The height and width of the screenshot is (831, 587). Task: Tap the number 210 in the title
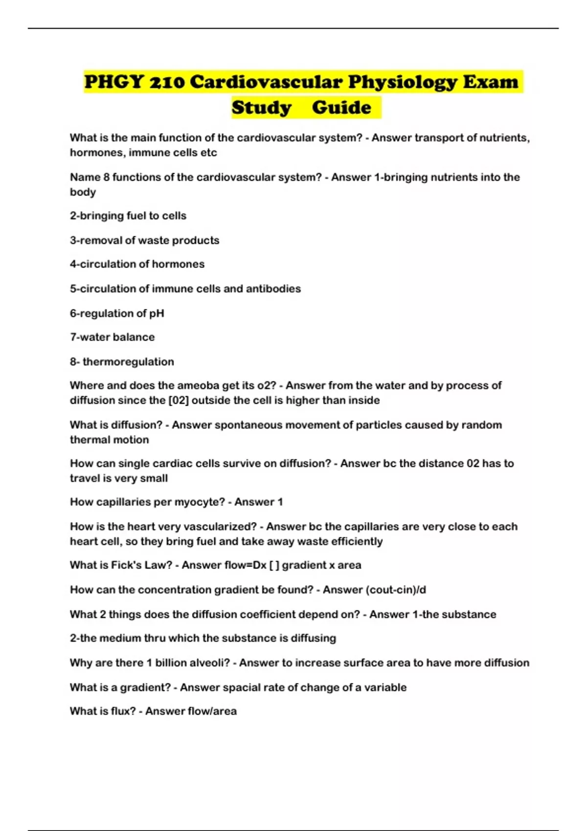167,82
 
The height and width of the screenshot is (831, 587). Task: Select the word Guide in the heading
341,108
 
